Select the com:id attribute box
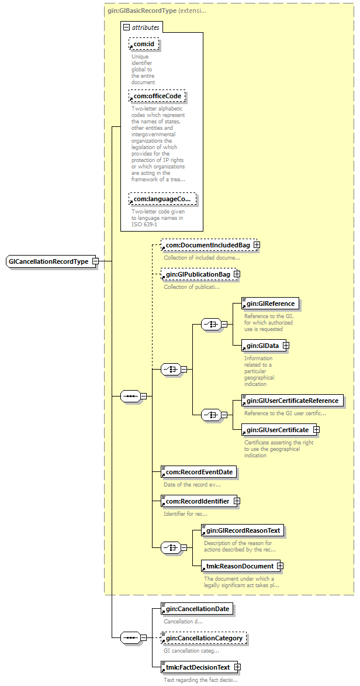(x=144, y=44)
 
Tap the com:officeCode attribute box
(x=157, y=96)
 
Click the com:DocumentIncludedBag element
(x=208, y=245)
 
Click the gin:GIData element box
(x=262, y=346)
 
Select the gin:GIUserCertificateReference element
(x=292, y=400)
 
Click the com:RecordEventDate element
(x=199, y=472)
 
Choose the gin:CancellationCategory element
(x=204, y=638)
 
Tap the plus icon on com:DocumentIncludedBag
(x=257, y=245)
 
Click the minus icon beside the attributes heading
(x=127, y=27)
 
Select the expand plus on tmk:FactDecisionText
(x=237, y=667)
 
